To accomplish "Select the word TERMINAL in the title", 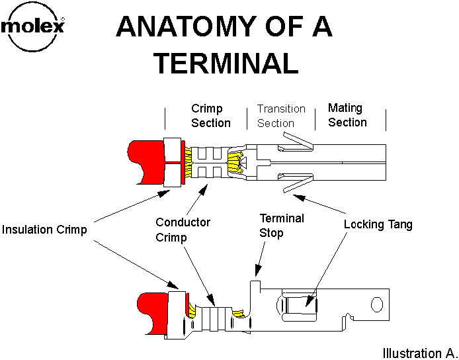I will (225, 63).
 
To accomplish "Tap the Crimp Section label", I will (211, 115).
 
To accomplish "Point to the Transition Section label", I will (281, 115).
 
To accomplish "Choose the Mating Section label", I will (347, 114).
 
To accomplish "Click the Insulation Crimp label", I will (46, 230).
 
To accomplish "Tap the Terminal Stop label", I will (281, 224).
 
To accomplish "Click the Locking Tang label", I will (378, 225).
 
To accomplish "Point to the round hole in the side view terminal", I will (377, 304).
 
